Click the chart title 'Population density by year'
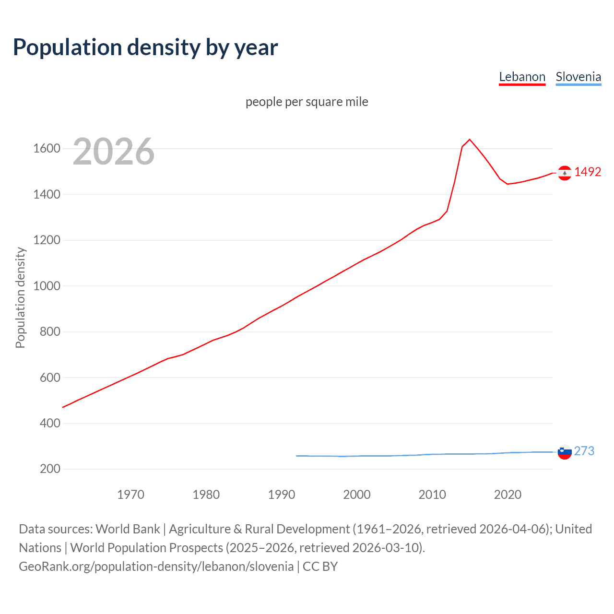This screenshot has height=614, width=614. click(145, 47)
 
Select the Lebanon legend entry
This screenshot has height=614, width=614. click(522, 77)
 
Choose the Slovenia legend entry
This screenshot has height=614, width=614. click(578, 77)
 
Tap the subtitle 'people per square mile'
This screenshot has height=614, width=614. click(307, 102)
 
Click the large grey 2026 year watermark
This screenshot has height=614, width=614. click(114, 152)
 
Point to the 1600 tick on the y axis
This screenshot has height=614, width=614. click(47, 149)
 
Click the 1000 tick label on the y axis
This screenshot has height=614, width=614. click(47, 286)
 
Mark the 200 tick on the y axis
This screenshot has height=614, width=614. click(50, 469)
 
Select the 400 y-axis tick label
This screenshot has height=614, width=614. click(50, 423)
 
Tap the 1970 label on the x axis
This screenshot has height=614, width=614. click(130, 495)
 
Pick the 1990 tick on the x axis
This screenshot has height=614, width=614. click(282, 495)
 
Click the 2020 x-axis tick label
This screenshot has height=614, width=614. click(508, 495)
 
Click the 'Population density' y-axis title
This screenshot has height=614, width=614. click(20, 297)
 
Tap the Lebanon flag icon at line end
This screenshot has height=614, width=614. click(565, 173)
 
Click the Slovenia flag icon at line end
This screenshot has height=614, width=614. click(565, 452)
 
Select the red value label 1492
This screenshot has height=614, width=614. click(588, 172)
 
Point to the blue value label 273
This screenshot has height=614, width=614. click(584, 451)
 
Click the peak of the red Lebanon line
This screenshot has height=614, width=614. click(470, 140)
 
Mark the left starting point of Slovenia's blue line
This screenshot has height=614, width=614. click(297, 456)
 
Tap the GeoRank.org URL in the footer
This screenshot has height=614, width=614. click(156, 567)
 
